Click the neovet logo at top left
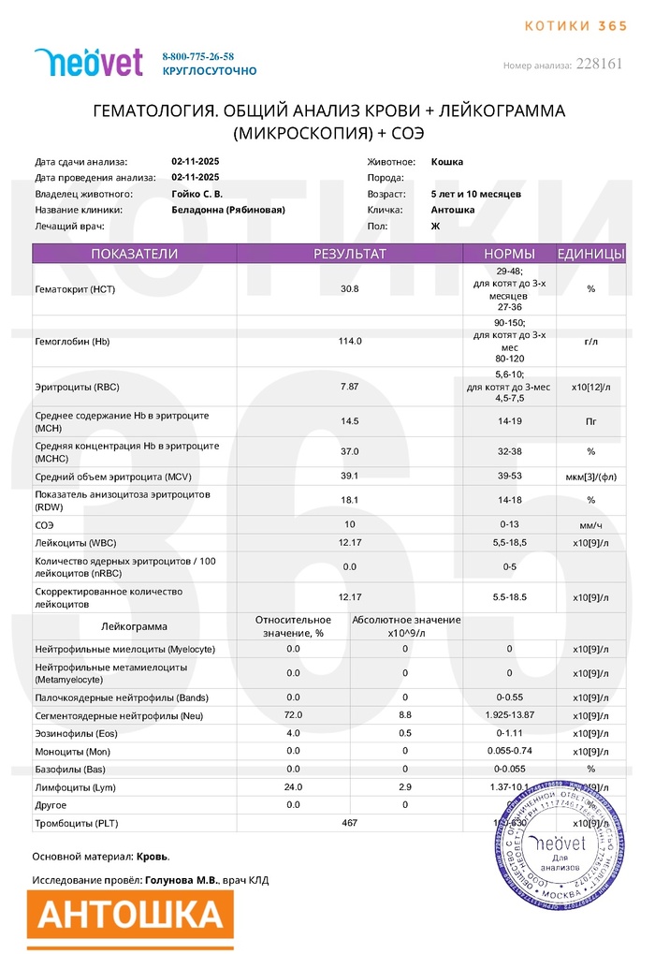point(88,62)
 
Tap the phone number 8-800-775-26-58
point(198,56)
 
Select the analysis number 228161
point(600,64)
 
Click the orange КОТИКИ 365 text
point(575,25)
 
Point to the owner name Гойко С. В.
point(197,194)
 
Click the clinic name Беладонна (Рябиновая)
point(228,210)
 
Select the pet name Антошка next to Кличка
point(453,210)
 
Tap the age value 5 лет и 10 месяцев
point(476,194)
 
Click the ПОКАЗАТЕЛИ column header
point(134,254)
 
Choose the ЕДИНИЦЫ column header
point(591,254)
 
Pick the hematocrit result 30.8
point(349,289)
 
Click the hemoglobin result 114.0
point(349,341)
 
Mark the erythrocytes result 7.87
point(349,387)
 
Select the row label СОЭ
point(45,525)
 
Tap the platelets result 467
point(349,823)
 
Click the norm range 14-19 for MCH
point(509,421)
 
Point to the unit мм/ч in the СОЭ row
point(590,525)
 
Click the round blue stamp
point(560,855)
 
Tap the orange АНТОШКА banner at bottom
point(129,914)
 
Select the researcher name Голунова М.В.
point(181,880)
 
